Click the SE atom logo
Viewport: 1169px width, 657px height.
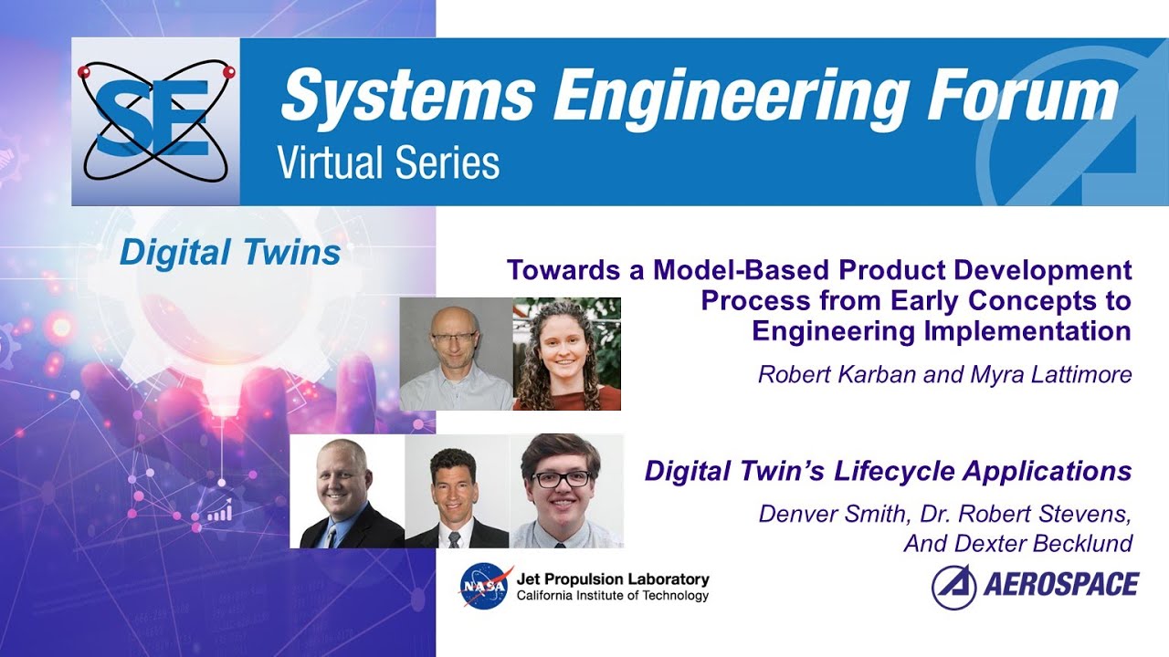155,120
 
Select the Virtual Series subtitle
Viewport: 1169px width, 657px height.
388,163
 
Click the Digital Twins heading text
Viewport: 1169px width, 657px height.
229,253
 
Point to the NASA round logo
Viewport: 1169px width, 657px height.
485,585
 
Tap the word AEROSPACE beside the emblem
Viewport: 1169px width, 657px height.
1061,585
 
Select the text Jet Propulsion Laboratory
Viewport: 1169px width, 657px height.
612,579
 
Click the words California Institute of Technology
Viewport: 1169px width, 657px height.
612,596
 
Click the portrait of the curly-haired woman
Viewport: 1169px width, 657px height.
567,354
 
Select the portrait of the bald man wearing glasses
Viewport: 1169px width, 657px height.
456,354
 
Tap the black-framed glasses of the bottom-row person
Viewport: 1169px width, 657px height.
561,478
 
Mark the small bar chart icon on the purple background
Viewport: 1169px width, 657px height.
218,513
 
